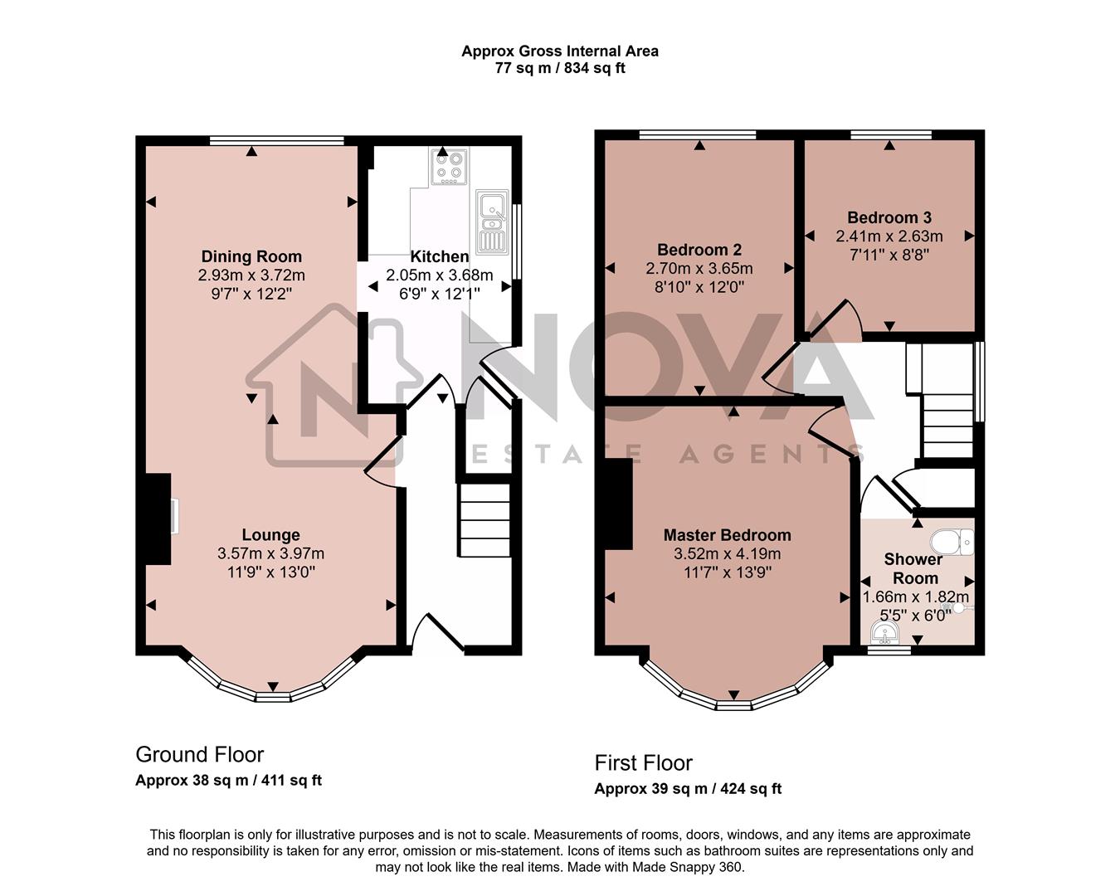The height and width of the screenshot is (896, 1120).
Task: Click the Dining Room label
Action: (x=251, y=256)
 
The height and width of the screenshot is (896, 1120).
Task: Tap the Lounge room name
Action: (x=270, y=535)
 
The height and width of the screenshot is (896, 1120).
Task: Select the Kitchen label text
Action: (x=439, y=257)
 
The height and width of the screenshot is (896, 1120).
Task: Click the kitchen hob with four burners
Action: (x=449, y=167)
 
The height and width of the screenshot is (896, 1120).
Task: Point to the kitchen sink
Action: (x=492, y=221)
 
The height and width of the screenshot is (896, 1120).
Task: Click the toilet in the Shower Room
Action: (x=952, y=543)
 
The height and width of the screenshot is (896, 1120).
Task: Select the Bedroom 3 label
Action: (x=889, y=218)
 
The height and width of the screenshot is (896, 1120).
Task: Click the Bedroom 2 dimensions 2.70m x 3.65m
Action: (x=699, y=268)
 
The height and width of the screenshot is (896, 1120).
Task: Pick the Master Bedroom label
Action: (x=727, y=535)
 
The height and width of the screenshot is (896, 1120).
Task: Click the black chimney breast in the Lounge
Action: (x=158, y=519)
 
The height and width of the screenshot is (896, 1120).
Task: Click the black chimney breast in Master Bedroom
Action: (x=619, y=504)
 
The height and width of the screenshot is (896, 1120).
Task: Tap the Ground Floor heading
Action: (x=199, y=754)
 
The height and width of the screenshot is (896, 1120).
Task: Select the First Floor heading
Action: (x=643, y=762)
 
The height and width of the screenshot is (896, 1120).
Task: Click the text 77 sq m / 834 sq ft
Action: (x=560, y=68)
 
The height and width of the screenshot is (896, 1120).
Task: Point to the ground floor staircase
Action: (x=485, y=520)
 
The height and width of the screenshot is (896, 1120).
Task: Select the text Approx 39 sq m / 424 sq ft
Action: (x=688, y=789)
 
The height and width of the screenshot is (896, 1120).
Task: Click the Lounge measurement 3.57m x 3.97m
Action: (x=270, y=553)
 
